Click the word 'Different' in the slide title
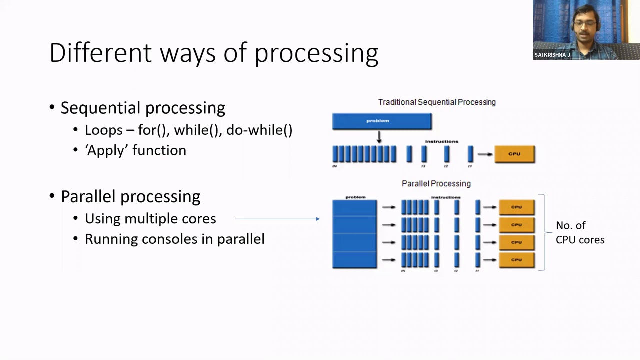100,53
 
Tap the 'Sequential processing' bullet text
143,108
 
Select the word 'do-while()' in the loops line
259,130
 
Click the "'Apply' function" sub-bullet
135,150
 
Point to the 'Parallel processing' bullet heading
130,196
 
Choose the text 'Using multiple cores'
150,219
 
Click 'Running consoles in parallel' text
174,239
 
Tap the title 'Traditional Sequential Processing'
437,102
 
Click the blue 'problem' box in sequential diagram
382,121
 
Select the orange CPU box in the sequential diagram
514,154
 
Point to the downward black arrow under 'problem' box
379,137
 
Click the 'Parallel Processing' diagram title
436,184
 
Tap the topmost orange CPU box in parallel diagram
516,207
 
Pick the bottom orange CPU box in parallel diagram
516,260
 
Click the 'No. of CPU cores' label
579,233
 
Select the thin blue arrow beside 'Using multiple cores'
277,219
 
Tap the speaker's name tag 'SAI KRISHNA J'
552,55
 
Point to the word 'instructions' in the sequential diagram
441,142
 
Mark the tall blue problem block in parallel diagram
354,234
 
